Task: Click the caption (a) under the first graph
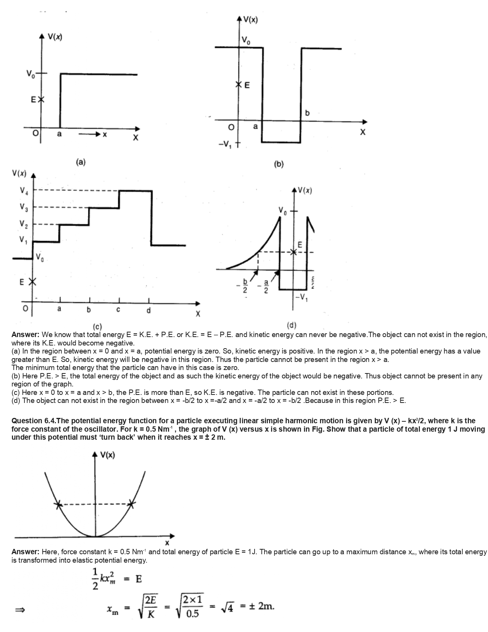[x=80, y=162]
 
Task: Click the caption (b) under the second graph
[x=279, y=164]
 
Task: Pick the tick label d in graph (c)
[x=149, y=310]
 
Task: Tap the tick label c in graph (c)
[x=119, y=309]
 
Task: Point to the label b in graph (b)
[x=307, y=113]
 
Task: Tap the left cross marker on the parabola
[x=58, y=504]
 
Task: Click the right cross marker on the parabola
[x=131, y=504]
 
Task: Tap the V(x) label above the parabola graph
[x=108, y=455]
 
